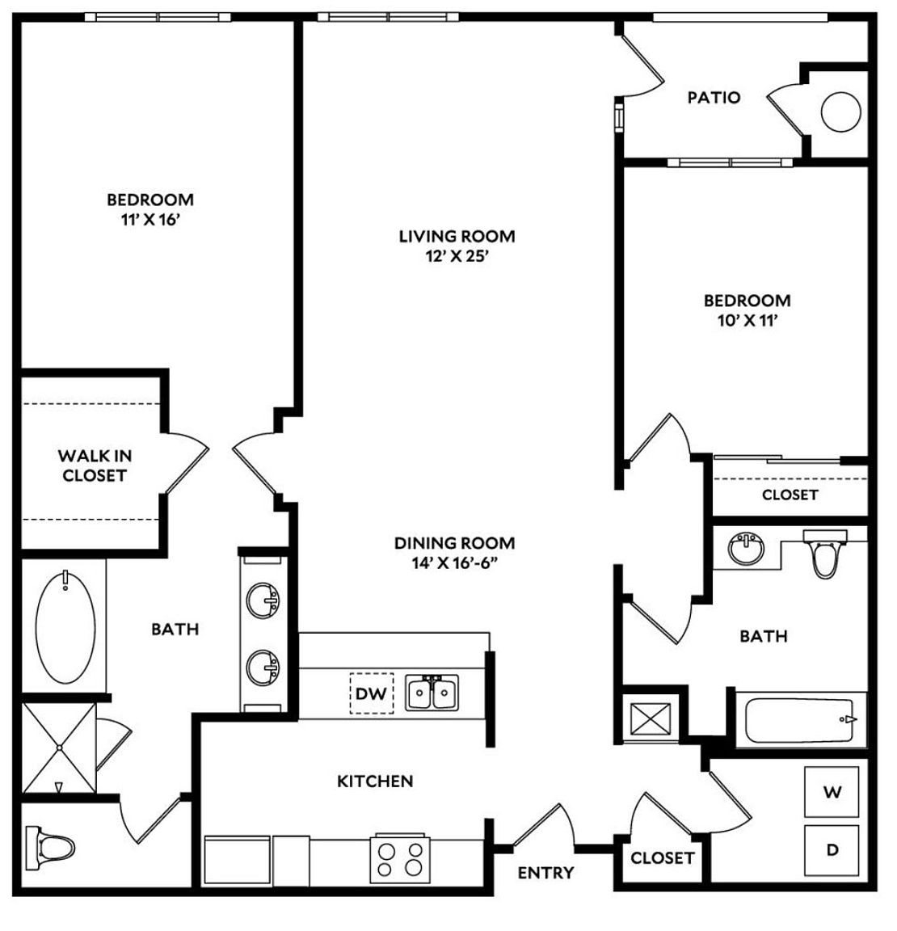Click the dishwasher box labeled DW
click(x=372, y=693)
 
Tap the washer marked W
click(x=832, y=792)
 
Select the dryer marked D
click(x=832, y=850)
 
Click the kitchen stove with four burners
click(x=400, y=858)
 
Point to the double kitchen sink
click(x=432, y=693)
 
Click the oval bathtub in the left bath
click(x=65, y=626)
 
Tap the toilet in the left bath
click(x=50, y=846)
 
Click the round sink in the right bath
click(x=746, y=550)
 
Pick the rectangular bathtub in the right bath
click(x=801, y=720)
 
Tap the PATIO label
click(x=714, y=97)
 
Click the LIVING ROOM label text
click(x=457, y=236)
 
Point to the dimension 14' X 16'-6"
click(x=454, y=562)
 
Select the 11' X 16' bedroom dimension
click(x=150, y=220)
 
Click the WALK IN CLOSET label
click(x=95, y=465)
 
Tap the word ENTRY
click(x=545, y=873)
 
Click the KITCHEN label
click(x=375, y=781)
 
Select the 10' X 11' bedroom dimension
click(x=747, y=321)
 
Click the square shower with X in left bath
click(x=59, y=748)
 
